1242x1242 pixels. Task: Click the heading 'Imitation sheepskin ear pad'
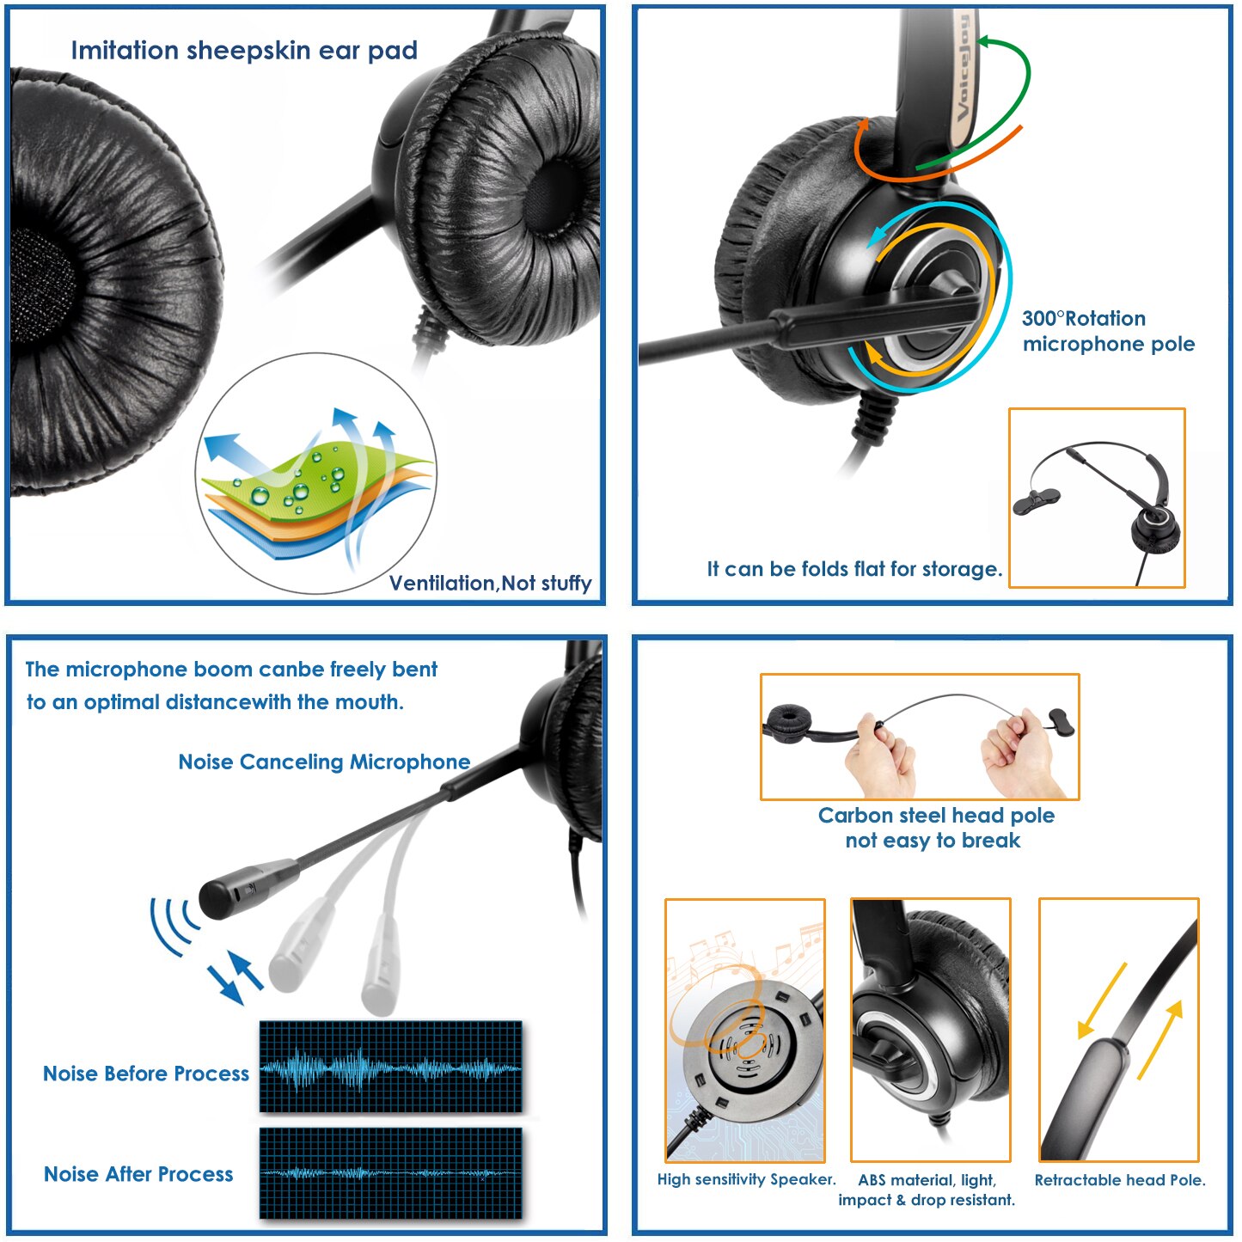click(244, 51)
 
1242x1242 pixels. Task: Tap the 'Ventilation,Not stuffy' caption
click(490, 584)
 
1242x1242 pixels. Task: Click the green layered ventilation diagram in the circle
click(314, 490)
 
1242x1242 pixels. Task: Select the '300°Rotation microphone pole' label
click(1108, 332)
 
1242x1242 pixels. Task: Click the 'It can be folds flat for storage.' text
click(854, 569)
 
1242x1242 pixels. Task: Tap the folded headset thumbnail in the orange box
click(1097, 499)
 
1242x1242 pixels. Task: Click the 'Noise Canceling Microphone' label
click(324, 762)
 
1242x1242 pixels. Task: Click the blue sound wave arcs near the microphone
click(172, 925)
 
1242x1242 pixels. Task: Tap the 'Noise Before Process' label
click(146, 1074)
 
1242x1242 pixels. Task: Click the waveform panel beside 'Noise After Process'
click(391, 1172)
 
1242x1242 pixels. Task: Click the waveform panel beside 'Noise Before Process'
click(391, 1067)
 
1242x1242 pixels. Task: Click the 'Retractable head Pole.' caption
click(1120, 1180)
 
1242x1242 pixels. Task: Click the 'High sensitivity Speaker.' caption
click(746, 1179)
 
